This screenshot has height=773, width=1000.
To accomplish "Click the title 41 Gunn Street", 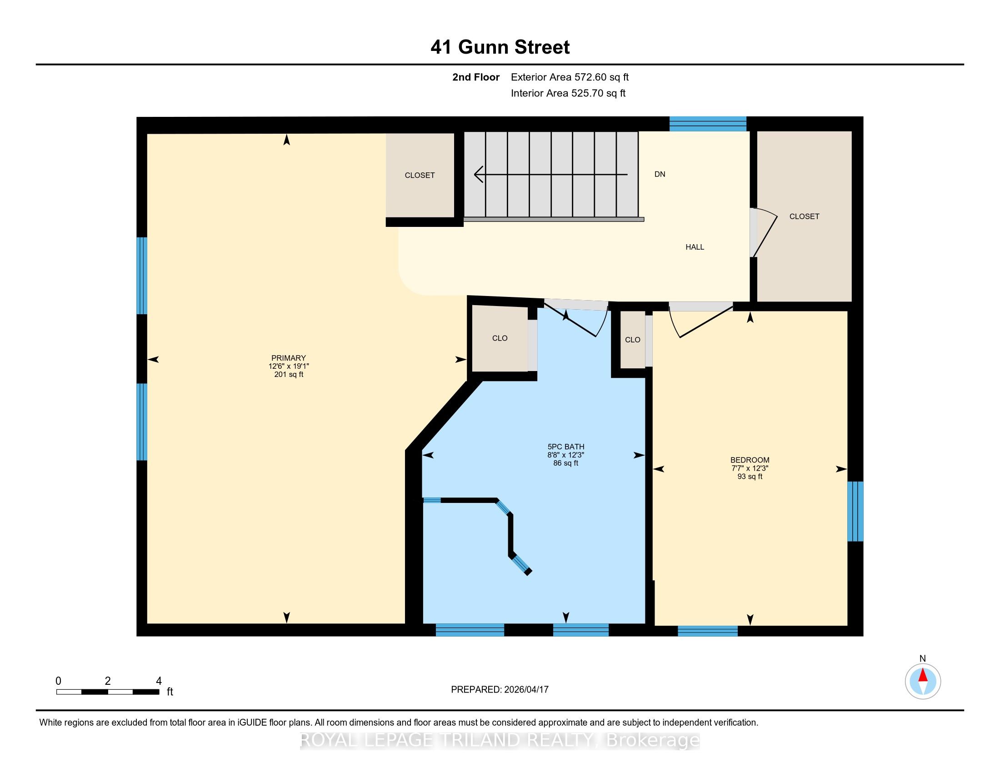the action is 500,47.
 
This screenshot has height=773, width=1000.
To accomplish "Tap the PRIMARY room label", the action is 289,358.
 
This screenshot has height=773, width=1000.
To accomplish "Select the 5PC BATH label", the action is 566,447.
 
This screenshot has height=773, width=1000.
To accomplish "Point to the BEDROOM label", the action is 750,460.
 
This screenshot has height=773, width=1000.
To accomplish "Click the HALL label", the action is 695,247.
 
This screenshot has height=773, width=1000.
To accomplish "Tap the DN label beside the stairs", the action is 660,174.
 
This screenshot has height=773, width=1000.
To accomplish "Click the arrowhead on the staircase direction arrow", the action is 479,175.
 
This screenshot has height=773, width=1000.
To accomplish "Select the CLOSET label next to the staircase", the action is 420,175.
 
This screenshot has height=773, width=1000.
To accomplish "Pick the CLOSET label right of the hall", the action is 804,216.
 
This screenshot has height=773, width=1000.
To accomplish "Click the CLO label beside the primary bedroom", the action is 500,338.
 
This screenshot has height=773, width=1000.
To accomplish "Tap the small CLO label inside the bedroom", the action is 632,339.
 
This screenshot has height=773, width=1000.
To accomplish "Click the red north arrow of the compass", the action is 923,675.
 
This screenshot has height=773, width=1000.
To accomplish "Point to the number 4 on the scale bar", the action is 159,681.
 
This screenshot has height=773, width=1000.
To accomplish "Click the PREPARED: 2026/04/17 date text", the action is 500,689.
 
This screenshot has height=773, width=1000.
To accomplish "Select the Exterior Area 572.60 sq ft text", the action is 570,77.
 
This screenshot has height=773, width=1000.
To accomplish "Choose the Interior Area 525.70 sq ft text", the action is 568,93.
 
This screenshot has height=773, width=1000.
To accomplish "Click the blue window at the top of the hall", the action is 708,124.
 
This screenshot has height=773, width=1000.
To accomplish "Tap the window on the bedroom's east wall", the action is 855,511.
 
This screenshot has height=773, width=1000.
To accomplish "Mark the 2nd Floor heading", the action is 476,77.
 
